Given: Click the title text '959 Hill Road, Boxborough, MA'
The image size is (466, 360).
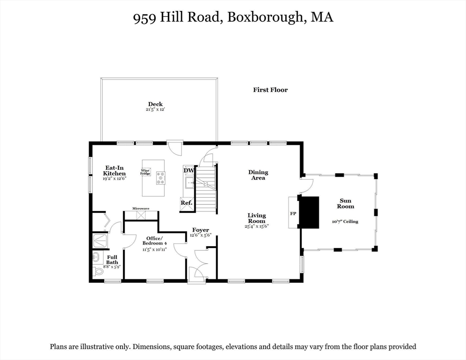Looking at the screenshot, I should [x=233, y=17].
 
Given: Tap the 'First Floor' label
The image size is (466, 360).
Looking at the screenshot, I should [x=270, y=90].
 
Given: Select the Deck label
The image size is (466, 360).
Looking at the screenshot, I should [x=155, y=104].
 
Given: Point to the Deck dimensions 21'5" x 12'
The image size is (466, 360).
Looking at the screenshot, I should [x=155, y=110].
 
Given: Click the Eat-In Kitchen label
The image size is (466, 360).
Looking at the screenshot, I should [x=115, y=170].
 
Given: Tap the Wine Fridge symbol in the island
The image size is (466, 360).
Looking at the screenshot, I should [x=146, y=172].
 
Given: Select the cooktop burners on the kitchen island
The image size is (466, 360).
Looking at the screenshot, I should [x=161, y=177].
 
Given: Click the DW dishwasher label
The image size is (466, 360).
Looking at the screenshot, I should [x=188, y=171].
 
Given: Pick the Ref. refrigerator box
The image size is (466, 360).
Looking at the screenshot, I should [x=187, y=203].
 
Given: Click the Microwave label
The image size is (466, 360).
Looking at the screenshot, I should [x=141, y=208].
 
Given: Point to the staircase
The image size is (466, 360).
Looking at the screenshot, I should [x=206, y=188].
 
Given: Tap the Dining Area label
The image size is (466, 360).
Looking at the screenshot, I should [x=258, y=175].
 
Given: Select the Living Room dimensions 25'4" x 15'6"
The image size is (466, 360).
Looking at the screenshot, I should [x=257, y=226].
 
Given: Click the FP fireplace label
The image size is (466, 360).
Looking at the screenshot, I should [x=293, y=213].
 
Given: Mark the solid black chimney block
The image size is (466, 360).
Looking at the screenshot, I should [x=309, y=212].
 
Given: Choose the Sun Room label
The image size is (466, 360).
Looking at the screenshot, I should [x=346, y=203].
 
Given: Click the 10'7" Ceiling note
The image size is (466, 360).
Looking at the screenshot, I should [x=346, y=221].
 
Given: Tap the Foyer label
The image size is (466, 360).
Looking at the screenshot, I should [x=201, y=230].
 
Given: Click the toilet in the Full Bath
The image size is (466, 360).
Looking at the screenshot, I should [x=98, y=271].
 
